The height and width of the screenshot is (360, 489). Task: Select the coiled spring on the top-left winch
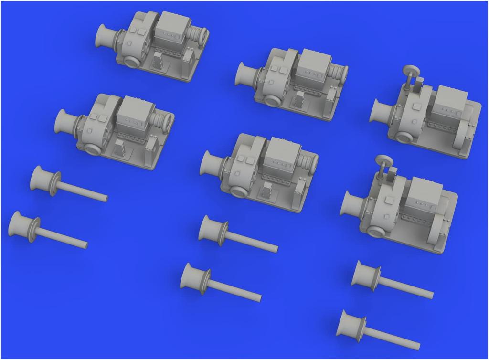[196, 35]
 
